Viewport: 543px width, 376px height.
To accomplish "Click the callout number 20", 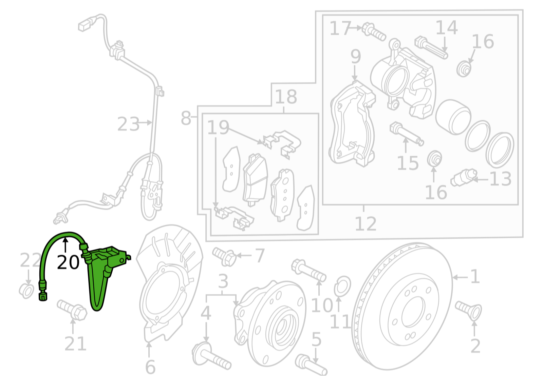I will pyautogui.click(x=68, y=262).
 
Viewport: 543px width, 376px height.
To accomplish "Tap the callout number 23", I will pyautogui.click(x=128, y=124).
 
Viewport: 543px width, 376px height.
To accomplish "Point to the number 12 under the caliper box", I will pyautogui.click(x=366, y=224).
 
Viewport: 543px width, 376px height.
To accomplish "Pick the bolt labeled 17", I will pyautogui.click(x=374, y=31).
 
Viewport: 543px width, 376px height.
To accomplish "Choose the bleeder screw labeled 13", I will pyautogui.click(x=464, y=178).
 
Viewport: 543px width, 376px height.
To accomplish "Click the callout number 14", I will pyautogui.click(x=446, y=28).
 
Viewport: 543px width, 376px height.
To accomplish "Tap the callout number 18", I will pyautogui.click(x=286, y=97).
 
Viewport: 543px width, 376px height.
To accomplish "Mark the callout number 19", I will pyautogui.click(x=218, y=127).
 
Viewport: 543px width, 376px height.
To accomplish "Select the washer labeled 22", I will pyautogui.click(x=26, y=291).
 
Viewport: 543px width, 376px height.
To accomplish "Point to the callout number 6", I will pyautogui.click(x=150, y=367).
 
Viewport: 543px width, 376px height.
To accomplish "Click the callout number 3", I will pyautogui.click(x=223, y=281).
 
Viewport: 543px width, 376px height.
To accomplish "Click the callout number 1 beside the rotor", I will pyautogui.click(x=474, y=277).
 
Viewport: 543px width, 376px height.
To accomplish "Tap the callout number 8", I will pyautogui.click(x=186, y=118).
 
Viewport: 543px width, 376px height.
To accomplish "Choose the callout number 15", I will pyautogui.click(x=408, y=163).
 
